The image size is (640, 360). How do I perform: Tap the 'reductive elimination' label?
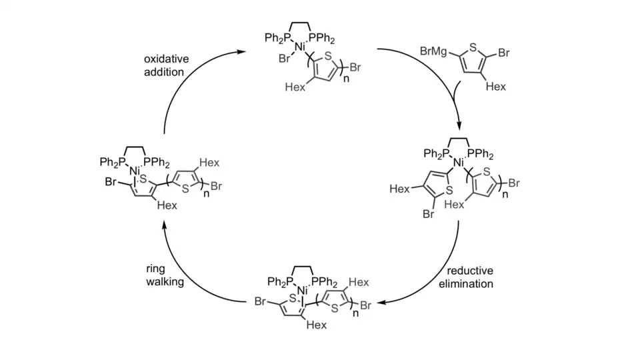tap(471, 277)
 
